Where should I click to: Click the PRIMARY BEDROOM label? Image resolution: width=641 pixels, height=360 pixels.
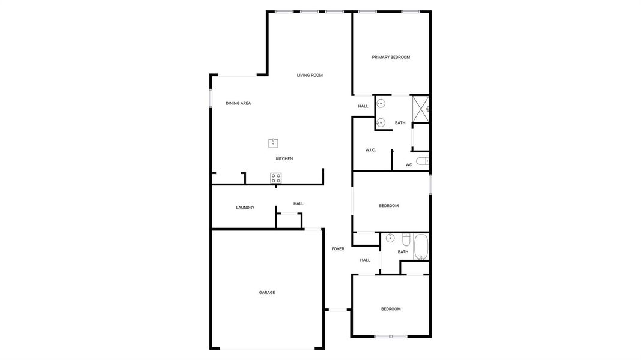[391, 57]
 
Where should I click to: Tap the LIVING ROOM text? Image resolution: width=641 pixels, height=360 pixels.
[310, 75]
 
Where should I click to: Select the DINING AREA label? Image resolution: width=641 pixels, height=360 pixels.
[238, 103]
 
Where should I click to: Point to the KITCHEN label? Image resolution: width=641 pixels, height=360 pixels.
[284, 158]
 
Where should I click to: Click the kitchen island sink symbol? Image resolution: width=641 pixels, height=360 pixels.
[274, 143]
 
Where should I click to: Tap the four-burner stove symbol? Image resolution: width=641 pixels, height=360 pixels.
[276, 178]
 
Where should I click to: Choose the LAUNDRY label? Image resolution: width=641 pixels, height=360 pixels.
[245, 208]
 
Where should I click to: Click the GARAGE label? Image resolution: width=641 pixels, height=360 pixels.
[267, 292]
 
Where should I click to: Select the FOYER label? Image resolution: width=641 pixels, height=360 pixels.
[338, 248]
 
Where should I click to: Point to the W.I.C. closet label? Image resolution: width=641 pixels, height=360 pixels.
[370, 150]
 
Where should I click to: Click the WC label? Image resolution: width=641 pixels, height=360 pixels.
[409, 164]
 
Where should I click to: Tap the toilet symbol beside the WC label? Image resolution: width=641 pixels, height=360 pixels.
[422, 161]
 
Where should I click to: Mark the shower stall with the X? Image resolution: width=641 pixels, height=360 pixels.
[420, 109]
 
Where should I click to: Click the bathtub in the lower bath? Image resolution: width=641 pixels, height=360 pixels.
[421, 247]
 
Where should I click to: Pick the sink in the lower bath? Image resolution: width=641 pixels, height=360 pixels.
[390, 238]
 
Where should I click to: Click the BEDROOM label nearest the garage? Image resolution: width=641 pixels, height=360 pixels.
[391, 309]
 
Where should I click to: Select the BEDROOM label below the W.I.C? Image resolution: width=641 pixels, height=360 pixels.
[388, 206]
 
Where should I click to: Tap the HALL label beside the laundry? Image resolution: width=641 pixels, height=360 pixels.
[298, 203]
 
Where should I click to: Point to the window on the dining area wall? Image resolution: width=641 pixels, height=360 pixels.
[211, 99]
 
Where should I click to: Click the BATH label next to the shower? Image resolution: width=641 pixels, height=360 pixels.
[400, 123]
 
